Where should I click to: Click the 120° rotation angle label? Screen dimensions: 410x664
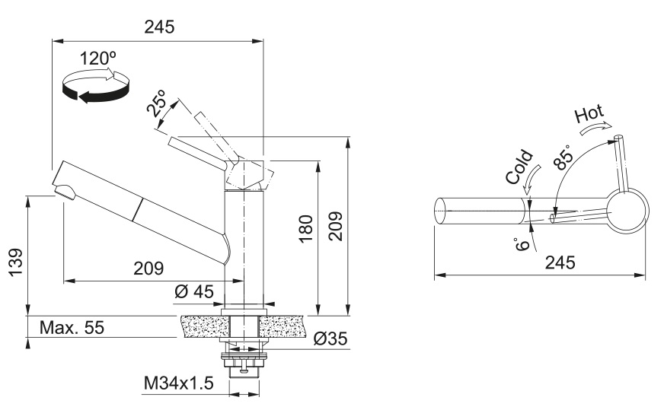[x=98, y=59]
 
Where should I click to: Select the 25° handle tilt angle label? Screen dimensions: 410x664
[x=158, y=105]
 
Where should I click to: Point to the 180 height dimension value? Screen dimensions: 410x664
[x=305, y=227]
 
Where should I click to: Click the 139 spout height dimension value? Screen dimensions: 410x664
[x=16, y=262]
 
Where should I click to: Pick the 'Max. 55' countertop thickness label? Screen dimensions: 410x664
[x=72, y=328]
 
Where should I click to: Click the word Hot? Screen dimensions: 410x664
[x=590, y=115]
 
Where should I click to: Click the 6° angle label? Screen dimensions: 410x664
[x=521, y=243]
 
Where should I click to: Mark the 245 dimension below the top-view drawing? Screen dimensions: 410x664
[x=560, y=262]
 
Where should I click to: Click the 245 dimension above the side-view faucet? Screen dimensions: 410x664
[x=159, y=27]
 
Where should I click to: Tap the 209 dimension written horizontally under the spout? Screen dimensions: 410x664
[x=149, y=268]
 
